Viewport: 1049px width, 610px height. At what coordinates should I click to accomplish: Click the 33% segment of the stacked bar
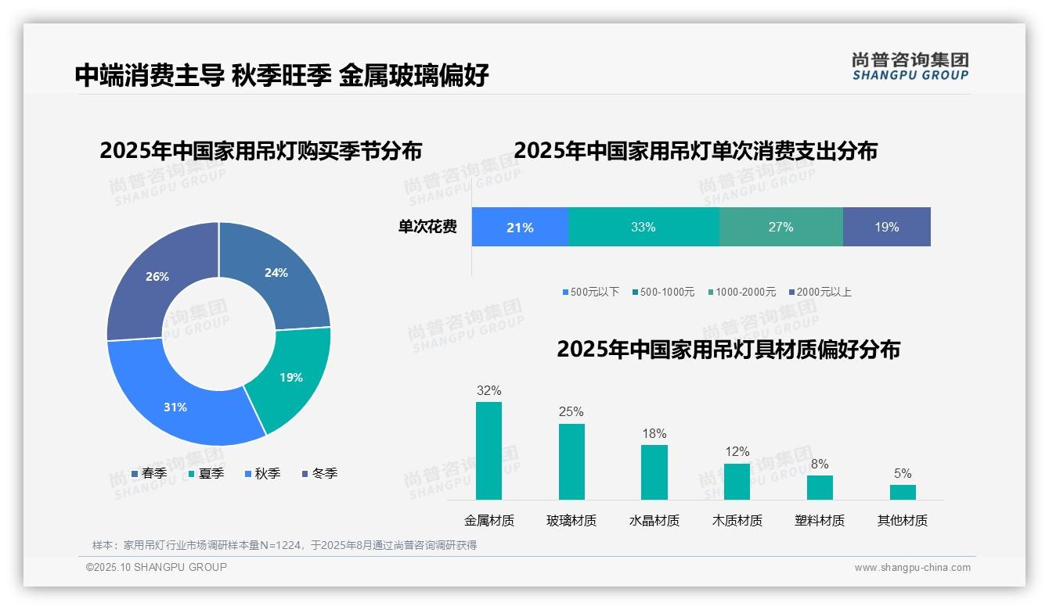643,228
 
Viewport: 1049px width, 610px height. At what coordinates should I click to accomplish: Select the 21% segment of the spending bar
520,228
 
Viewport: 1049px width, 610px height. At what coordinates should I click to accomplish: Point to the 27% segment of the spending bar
780,228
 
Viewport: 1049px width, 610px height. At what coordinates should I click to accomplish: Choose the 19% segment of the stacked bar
886,228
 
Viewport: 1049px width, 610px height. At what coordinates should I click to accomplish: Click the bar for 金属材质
488,450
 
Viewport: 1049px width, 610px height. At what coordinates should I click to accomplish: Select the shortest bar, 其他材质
903,492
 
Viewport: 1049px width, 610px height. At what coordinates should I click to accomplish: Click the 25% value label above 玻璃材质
571,412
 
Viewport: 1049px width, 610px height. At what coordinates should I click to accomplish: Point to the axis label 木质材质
737,521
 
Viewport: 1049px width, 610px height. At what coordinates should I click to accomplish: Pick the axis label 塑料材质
820,521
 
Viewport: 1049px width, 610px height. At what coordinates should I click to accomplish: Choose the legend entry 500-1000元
666,292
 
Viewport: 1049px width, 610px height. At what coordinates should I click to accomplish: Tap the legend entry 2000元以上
823,292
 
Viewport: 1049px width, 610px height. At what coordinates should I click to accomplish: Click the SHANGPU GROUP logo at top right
910,66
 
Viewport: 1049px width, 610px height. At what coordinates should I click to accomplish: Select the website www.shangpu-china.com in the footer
912,568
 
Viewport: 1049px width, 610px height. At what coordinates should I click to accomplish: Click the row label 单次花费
427,228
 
